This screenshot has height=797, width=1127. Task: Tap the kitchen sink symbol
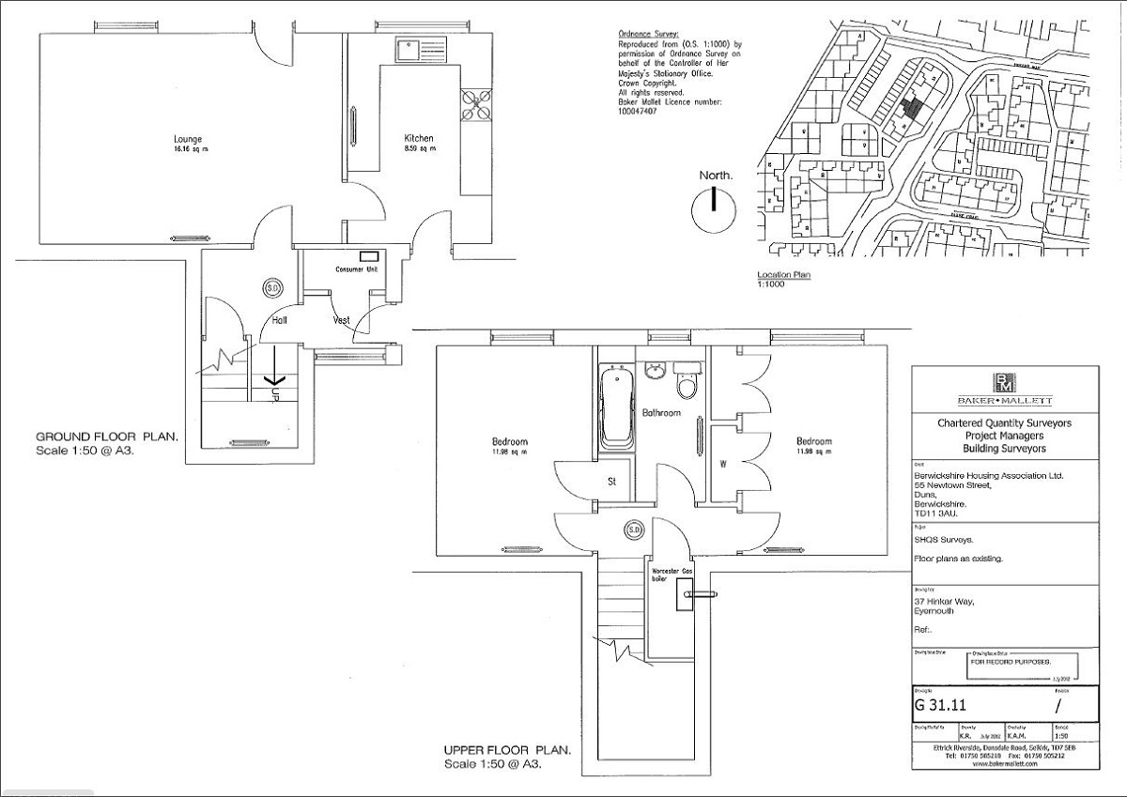coord(411,48)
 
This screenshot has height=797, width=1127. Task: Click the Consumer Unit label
coord(357,269)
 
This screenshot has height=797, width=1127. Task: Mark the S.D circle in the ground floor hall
coord(273,287)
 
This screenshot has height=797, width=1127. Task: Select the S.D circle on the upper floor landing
coord(634,530)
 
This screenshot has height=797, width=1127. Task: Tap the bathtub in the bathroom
coord(615,406)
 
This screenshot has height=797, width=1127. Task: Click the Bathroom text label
coord(661,413)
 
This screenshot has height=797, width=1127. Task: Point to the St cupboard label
coord(610,483)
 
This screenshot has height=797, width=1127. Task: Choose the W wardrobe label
coord(723,463)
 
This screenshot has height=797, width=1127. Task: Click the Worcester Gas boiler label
coord(668,575)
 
